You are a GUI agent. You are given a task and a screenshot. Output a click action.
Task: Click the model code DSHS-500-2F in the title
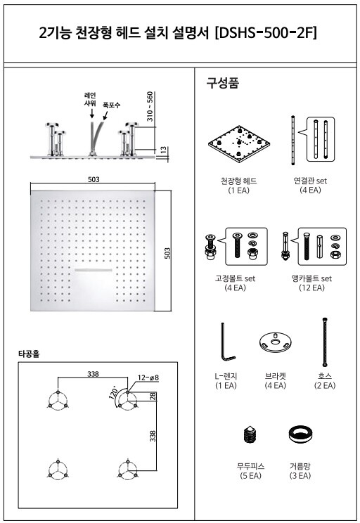click(266, 32)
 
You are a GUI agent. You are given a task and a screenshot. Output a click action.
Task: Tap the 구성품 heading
click(223, 82)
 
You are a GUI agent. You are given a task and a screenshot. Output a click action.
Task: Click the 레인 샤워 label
click(90, 99)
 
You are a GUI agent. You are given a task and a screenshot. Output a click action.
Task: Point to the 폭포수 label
click(111, 105)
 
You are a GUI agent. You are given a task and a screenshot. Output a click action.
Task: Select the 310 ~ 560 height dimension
click(150, 106)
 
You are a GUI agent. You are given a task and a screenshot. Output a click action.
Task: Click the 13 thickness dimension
click(164, 150)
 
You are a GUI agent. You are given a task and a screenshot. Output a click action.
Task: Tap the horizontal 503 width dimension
click(94, 179)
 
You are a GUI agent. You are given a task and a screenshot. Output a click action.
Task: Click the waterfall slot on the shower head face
click(93, 270)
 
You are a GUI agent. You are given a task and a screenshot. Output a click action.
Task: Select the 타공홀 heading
click(29, 354)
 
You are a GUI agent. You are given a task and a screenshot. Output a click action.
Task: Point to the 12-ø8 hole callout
click(148, 377)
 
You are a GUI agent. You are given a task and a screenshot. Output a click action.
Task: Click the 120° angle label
click(112, 392)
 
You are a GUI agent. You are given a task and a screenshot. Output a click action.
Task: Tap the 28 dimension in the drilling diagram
click(153, 396)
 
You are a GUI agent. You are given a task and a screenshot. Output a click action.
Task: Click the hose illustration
click(323, 342)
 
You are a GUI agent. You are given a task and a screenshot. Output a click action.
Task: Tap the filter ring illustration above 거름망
click(300, 434)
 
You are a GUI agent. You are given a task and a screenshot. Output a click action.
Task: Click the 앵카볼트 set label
click(311, 278)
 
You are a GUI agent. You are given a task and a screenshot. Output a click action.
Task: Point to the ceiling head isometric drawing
click(238, 144)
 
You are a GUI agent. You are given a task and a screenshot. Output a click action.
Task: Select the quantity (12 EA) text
click(311, 288)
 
